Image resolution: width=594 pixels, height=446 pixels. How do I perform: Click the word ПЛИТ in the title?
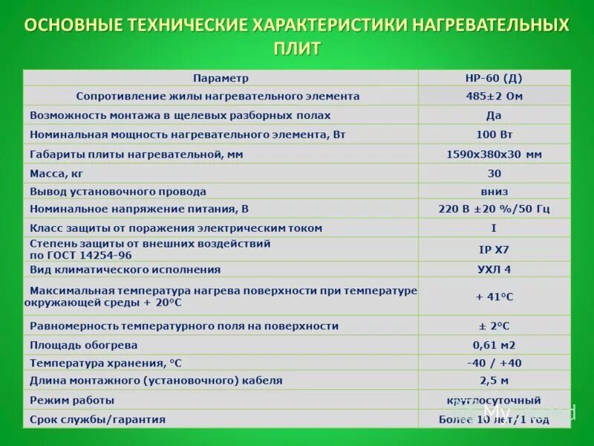tap(297, 49)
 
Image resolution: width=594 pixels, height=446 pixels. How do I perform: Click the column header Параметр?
tap(221, 78)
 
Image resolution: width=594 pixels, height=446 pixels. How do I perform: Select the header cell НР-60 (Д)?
tap(494, 78)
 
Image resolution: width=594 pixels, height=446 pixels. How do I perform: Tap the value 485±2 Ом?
tap(494, 96)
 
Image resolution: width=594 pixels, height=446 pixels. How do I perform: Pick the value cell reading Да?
tap(494, 115)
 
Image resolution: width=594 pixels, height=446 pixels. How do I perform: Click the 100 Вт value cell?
tap(494, 135)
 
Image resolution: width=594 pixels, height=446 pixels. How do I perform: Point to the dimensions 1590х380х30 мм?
tap(494, 154)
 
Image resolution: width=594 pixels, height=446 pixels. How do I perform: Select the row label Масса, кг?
tap(56, 173)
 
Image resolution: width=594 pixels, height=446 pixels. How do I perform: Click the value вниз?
tap(494, 191)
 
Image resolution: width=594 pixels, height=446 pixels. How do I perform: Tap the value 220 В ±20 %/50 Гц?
tap(494, 209)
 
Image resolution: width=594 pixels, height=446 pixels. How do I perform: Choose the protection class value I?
tap(494, 228)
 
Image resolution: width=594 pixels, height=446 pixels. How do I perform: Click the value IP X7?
tap(494, 249)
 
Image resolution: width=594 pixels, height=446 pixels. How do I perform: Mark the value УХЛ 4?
tap(494, 269)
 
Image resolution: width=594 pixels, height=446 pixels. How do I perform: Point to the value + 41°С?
tap(494, 297)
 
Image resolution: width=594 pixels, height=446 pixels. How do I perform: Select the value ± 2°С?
tap(494, 326)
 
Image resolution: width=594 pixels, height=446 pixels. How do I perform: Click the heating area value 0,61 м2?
tap(494, 345)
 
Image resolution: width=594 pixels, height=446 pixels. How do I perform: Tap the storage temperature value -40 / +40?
tap(494, 363)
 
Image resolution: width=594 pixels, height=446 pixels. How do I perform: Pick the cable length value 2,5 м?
tap(494, 381)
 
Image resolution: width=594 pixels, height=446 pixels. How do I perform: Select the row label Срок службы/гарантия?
tap(97, 419)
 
